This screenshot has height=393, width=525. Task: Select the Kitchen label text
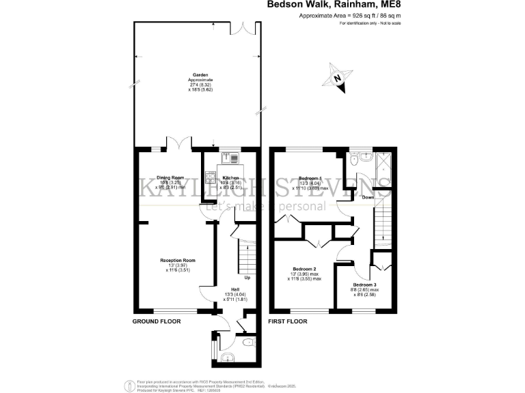pyautogui.click(x=230, y=177)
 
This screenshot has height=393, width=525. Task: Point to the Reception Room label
pyautogui.click(x=178, y=260)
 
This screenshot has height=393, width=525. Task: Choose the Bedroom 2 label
pyautogui.click(x=304, y=269)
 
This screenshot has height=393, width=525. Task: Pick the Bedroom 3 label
pyautogui.click(x=364, y=284)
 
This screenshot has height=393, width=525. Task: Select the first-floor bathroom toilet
pyautogui.click(x=353, y=158)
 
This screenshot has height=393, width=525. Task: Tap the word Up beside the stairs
pyautogui.click(x=247, y=278)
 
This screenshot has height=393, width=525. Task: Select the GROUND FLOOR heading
pyautogui.click(x=157, y=320)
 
